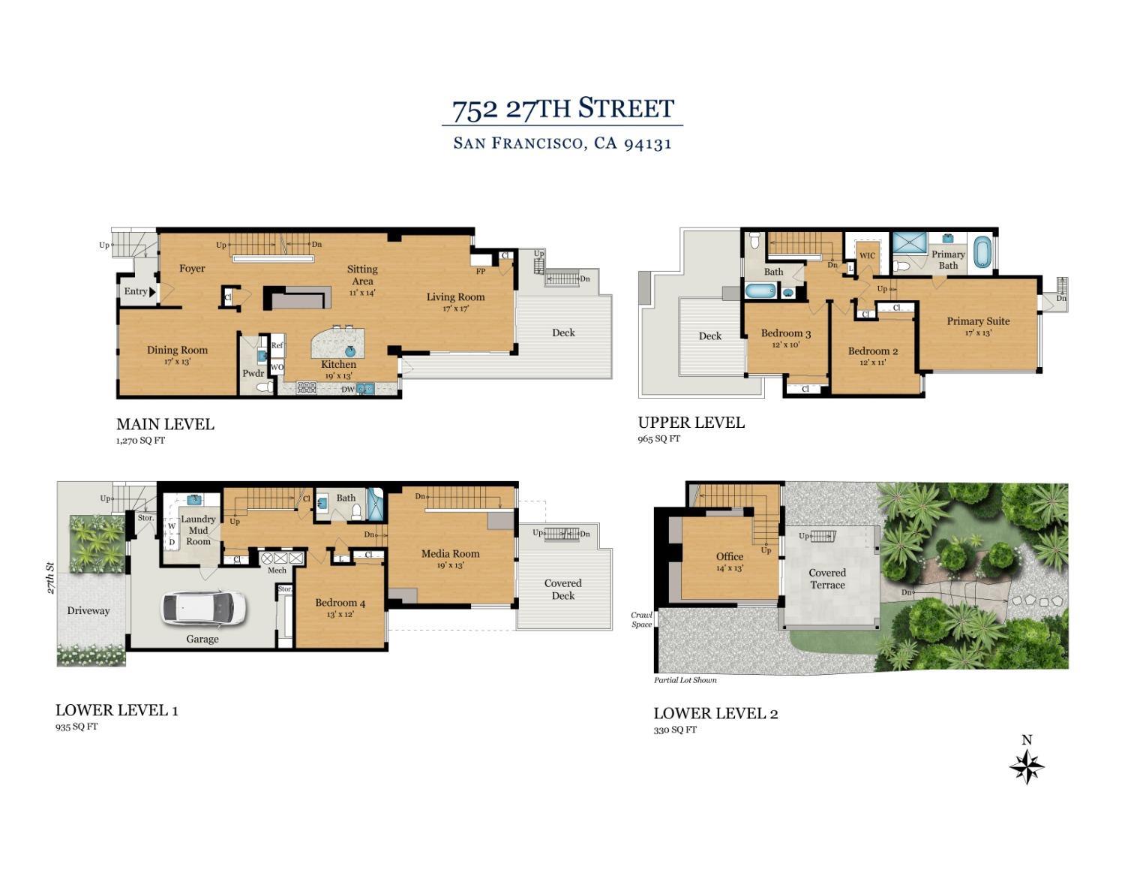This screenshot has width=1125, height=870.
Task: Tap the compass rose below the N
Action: click(1027, 768)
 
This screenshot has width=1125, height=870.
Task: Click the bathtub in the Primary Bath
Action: click(982, 251)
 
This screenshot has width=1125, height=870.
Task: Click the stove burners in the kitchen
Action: click(306, 387)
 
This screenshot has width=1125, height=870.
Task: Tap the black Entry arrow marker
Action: click(152, 292)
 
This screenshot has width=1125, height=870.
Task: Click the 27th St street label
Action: click(50, 578)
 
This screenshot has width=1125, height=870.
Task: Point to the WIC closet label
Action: click(867, 255)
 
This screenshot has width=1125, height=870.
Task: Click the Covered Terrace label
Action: click(827, 579)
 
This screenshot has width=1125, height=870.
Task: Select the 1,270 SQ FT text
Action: click(140, 441)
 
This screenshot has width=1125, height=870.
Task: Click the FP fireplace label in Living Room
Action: click(481, 271)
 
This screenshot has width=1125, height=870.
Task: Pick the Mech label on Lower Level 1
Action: click(277, 570)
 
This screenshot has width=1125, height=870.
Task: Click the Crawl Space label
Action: click(641, 620)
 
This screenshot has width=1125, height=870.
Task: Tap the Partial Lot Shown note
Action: click(685, 680)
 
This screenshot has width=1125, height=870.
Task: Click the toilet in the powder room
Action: click(265, 387)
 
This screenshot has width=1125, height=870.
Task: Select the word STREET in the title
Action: click(626, 109)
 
